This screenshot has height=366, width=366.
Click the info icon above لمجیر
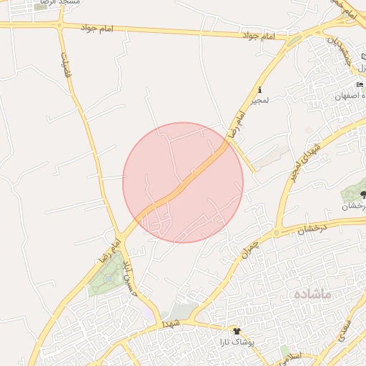point(259,91)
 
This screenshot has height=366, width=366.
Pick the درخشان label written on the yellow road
point(312,229)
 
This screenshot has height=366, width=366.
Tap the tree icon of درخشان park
point(362,194)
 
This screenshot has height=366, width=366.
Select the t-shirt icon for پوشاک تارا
point(238,332)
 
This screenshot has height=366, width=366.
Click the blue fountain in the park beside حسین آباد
point(107,278)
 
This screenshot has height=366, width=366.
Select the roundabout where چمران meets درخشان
point(276,232)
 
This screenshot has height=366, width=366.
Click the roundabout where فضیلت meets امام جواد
point(59,25)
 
